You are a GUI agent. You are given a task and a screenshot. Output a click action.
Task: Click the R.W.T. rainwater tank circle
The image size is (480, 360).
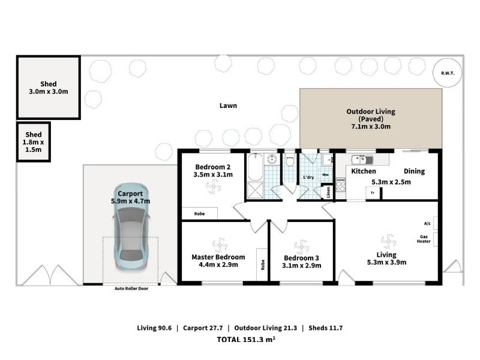coord(447,73)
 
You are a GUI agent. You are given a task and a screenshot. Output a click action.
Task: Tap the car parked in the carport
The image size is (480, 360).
coord(131,227)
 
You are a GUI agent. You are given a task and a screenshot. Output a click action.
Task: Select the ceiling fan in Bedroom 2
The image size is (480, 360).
coord(213,187)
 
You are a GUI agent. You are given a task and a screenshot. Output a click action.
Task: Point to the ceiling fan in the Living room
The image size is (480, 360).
coord(388,241)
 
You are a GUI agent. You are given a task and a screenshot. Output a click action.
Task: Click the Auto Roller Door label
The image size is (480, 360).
coord(131,289)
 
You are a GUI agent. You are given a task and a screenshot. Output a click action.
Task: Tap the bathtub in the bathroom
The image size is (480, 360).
coord(255,167)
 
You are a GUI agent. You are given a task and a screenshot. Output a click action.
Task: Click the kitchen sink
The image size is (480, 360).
coord(362,160)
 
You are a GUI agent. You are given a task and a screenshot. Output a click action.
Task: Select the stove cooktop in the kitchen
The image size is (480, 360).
coord(340,185)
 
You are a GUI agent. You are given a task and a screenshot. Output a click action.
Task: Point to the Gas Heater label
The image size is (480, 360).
coord(424,239)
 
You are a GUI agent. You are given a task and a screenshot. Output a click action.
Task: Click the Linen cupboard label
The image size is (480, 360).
coord(328,192)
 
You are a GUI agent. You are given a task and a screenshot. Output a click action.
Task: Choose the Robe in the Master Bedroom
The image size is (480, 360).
coord(263,265)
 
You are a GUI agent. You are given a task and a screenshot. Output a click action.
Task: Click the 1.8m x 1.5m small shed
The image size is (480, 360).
coord(34,142)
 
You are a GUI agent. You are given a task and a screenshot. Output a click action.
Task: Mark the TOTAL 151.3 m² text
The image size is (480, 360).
coord(246,339)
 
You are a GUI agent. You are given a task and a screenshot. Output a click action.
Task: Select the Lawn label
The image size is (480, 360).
coord(228,106)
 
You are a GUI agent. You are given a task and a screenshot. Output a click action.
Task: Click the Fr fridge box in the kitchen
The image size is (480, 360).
coord(373,193)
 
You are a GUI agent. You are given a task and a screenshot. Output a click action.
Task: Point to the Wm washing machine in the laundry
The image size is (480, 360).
coord(325,175)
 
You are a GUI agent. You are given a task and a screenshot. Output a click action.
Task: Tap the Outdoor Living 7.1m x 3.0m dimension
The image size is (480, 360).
coord(371,127)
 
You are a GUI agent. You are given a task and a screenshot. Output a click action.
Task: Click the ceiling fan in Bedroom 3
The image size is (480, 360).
coord(302,247)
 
